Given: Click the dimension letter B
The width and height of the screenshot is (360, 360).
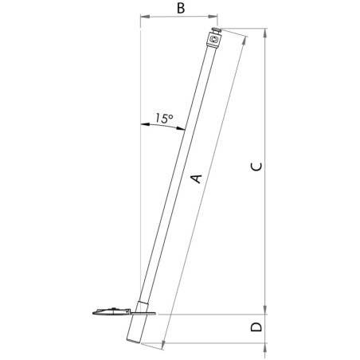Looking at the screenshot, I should click(x=181, y=9).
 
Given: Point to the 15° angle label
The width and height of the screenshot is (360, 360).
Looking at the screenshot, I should click(x=162, y=118).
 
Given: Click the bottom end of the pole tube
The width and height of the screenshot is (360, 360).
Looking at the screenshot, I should click(x=133, y=341).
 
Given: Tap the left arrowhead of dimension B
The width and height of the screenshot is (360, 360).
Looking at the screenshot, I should click(x=143, y=15).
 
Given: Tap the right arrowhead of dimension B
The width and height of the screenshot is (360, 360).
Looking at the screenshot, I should click(x=216, y=15).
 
